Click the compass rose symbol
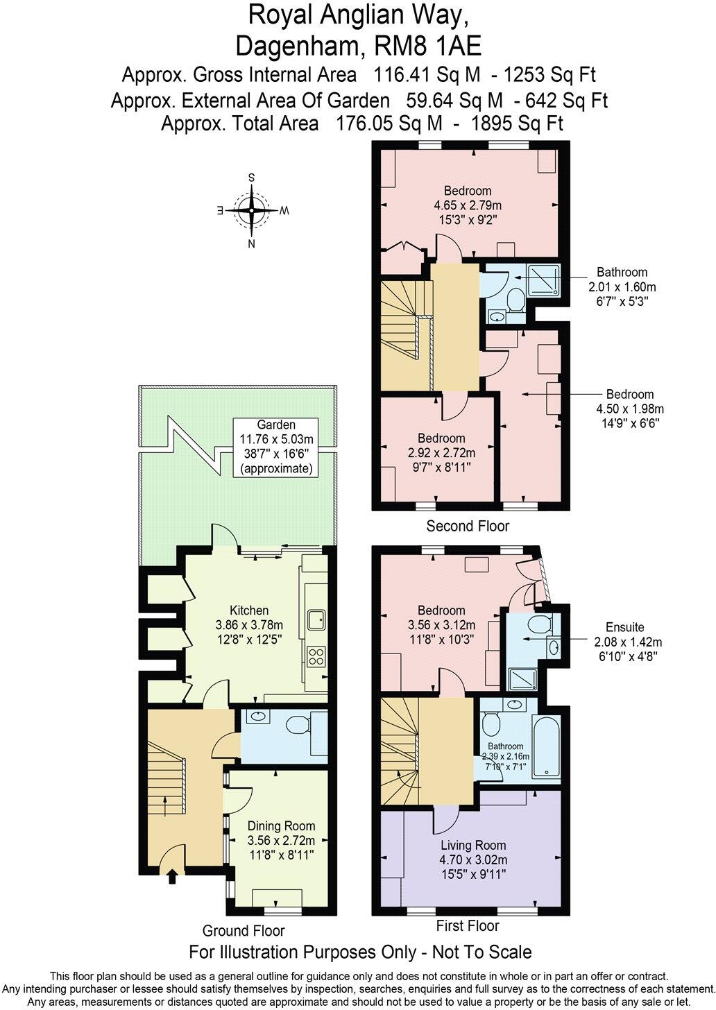click(x=252, y=210)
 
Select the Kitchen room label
click(x=249, y=625)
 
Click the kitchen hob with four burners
click(x=316, y=656)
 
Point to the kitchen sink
click(x=316, y=619)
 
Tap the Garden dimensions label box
click(x=276, y=447)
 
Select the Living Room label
click(x=473, y=859)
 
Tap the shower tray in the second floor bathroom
click(x=544, y=280)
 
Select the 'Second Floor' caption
click(x=468, y=526)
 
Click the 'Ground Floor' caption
click(x=244, y=931)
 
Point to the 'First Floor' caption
click(x=468, y=925)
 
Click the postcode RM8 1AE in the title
click(x=429, y=46)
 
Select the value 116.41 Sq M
click(x=427, y=74)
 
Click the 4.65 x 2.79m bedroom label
click(x=468, y=205)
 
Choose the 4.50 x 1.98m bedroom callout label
click(x=630, y=409)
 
